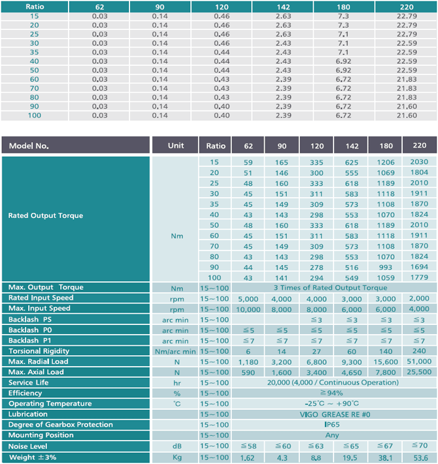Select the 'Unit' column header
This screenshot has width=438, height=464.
(176, 146)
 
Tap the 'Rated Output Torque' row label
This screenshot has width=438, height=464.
(46, 215)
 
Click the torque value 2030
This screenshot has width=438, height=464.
(419, 162)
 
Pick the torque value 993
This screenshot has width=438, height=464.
(386, 267)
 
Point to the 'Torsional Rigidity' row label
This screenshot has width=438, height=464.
(39, 351)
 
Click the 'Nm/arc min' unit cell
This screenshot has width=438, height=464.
(175, 352)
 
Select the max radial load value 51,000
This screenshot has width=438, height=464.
(419, 362)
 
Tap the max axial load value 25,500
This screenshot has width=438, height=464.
(419, 372)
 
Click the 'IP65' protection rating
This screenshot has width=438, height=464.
(332, 425)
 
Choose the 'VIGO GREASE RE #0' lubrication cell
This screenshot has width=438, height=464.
(335, 414)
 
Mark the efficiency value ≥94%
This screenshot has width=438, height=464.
(331, 393)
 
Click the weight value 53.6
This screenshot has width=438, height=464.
(420, 457)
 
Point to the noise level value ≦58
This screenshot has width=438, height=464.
(248, 446)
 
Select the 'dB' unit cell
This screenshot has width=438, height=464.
(177, 446)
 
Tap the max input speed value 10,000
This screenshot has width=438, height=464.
(248, 309)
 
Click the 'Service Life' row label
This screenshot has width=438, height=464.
(29, 382)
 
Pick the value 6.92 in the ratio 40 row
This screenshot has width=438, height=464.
(343, 61)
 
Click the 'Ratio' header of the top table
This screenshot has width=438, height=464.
(35, 7)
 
